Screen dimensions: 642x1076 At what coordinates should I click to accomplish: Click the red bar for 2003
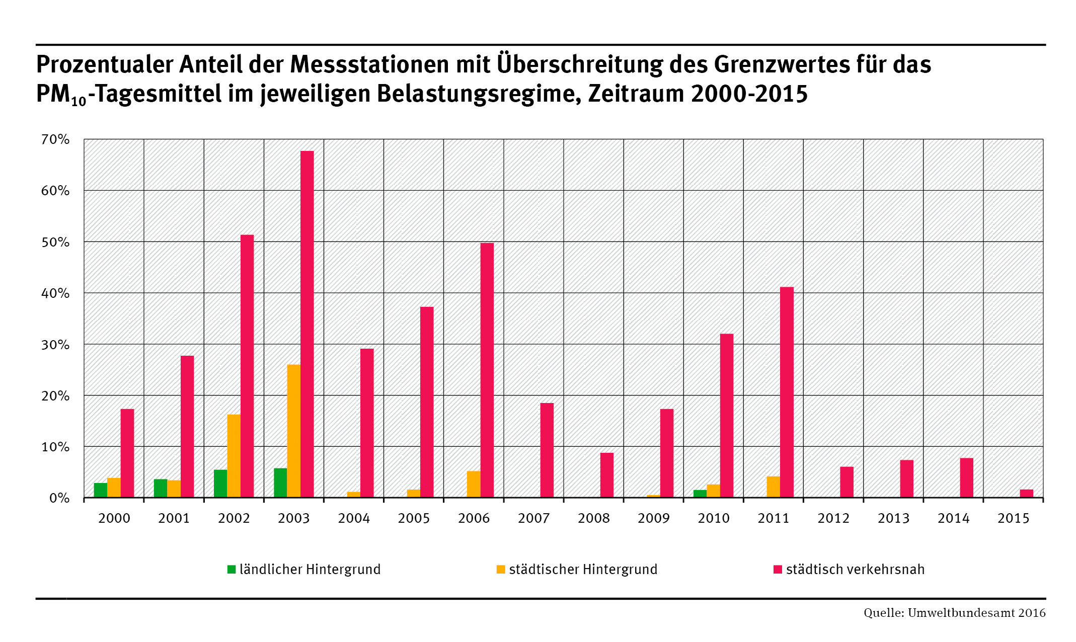pyautogui.click(x=307, y=324)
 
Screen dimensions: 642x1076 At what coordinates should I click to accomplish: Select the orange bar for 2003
pyautogui.click(x=294, y=431)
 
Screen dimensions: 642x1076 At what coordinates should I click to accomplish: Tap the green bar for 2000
pyautogui.click(x=101, y=490)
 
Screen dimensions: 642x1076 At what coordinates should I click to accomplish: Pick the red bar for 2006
pyautogui.click(x=487, y=370)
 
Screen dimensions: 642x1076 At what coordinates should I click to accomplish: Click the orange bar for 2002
pyautogui.click(x=234, y=456)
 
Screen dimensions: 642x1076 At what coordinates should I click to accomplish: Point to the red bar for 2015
pyautogui.click(x=1027, y=494)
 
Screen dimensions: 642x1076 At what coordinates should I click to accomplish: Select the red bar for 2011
pyautogui.click(x=787, y=392)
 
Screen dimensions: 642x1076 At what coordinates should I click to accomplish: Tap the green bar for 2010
pyautogui.click(x=700, y=494)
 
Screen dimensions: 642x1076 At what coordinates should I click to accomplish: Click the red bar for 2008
pyautogui.click(x=607, y=475)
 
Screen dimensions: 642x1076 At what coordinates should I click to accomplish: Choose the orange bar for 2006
pyautogui.click(x=474, y=484)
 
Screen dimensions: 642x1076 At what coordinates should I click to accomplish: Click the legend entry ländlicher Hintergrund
pyautogui.click(x=304, y=570)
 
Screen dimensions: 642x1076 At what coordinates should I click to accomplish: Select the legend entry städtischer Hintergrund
pyautogui.click(x=577, y=570)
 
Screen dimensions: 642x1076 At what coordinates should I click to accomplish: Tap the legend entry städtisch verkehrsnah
pyautogui.click(x=850, y=570)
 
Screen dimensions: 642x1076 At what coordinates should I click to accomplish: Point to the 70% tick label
pyautogui.click(x=55, y=139)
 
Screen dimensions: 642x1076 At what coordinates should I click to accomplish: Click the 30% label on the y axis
pyautogui.click(x=55, y=345)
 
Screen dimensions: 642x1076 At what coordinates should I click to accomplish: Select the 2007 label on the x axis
pyautogui.click(x=533, y=518)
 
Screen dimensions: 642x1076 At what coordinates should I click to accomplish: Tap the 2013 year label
pyautogui.click(x=893, y=518)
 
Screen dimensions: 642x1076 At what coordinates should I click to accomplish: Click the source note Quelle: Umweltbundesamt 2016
pyautogui.click(x=954, y=613)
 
